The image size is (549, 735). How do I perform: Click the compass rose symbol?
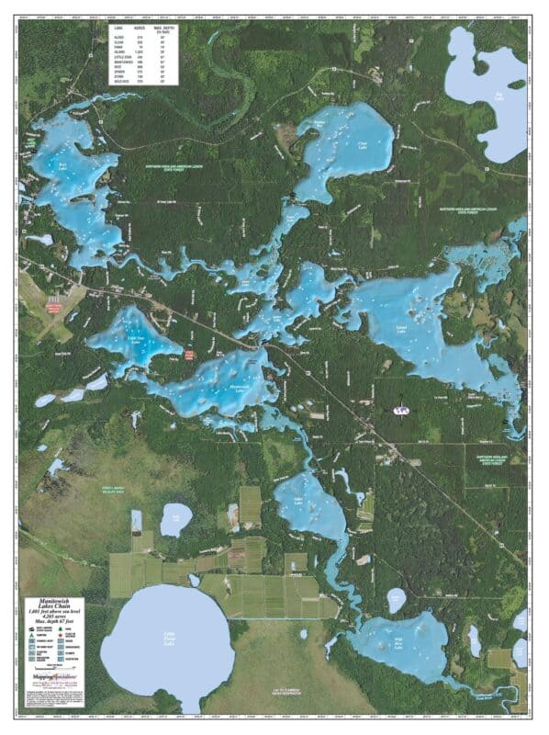400,411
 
